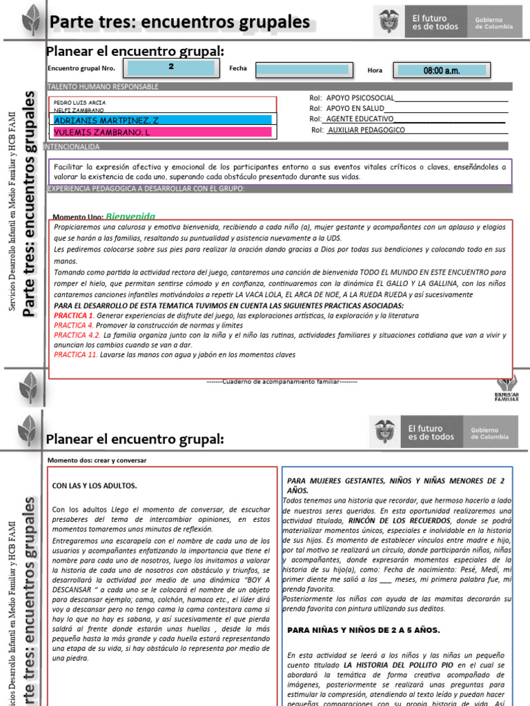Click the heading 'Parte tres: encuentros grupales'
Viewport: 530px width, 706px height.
179,22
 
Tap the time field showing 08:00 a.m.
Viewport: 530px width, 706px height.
441,70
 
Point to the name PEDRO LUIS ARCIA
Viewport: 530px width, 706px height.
79,102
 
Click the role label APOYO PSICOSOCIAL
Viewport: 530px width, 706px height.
360,98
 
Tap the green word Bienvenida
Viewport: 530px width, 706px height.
130,216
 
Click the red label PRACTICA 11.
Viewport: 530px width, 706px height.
75,355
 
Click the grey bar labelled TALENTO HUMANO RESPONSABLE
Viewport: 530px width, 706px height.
104,87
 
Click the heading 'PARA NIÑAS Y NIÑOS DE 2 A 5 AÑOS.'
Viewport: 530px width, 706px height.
363,629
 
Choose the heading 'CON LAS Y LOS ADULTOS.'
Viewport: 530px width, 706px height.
95,485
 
